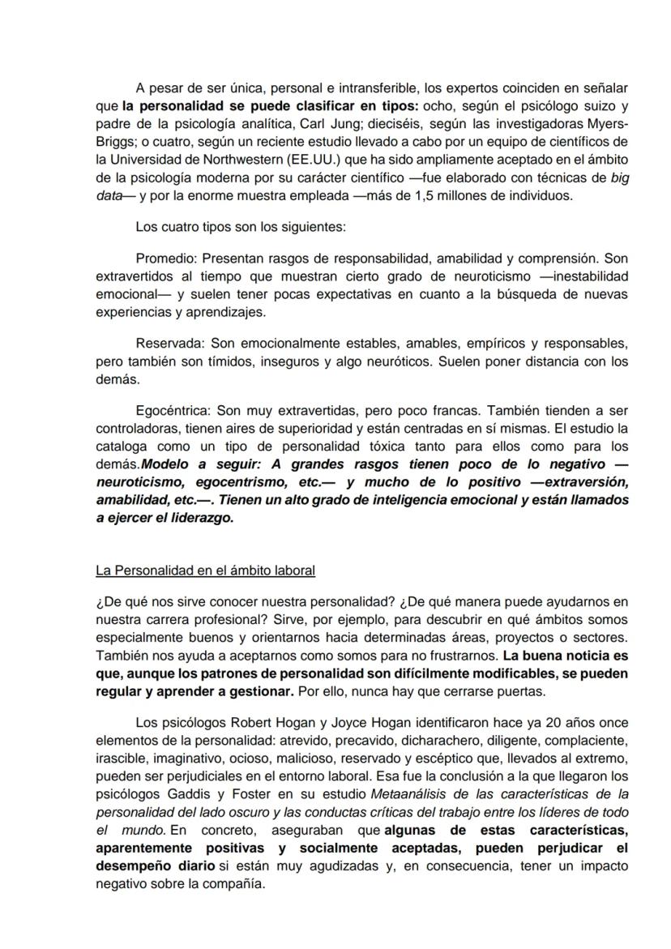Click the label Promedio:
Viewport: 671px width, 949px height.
(166, 259)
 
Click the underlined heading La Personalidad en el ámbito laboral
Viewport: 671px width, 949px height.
(205, 571)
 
